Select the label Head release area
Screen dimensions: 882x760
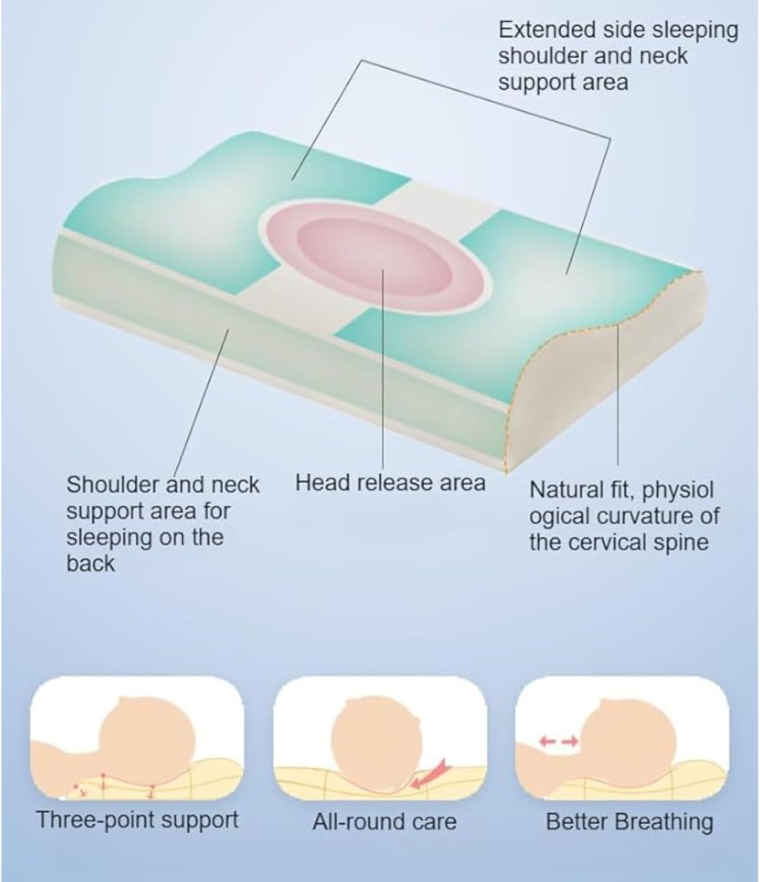point(390,483)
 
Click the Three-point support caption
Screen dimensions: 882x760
point(138,819)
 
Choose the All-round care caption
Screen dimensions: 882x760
point(384,821)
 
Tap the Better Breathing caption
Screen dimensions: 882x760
point(629,821)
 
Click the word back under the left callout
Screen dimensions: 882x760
point(91,563)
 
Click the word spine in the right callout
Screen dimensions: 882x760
point(681,542)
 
